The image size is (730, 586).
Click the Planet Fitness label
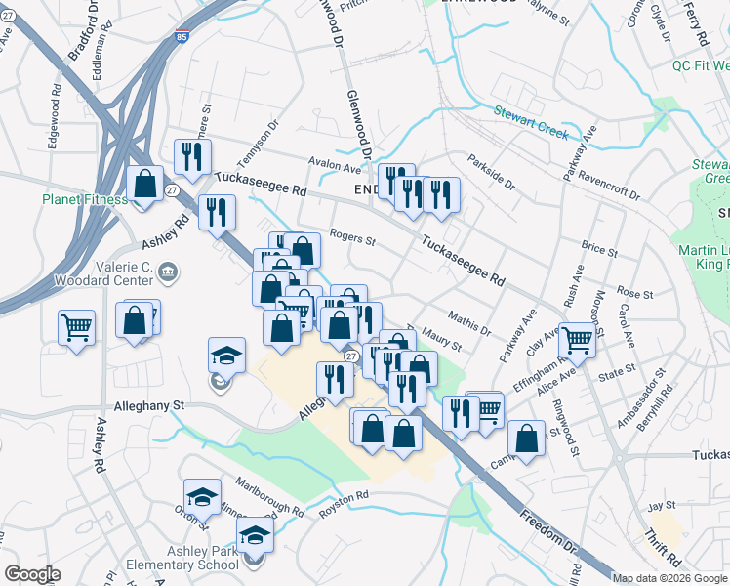[84, 200]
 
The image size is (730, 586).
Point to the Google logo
[32, 574]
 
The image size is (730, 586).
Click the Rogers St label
[352, 234]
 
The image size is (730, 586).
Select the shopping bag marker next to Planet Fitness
[144, 185]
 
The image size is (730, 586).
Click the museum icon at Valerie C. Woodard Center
[167, 271]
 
